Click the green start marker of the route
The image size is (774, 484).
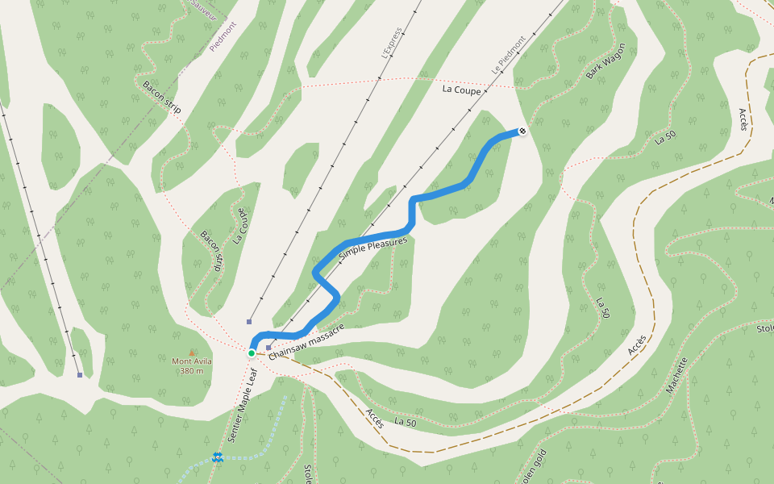pyautogui.click(x=252, y=353)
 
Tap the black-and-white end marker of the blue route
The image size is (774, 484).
pyautogui.click(x=522, y=131)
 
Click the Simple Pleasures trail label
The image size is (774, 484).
pyautogui.click(x=373, y=247)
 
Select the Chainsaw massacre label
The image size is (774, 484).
pyautogui.click(x=307, y=341)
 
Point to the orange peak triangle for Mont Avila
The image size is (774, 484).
pyautogui.click(x=192, y=352)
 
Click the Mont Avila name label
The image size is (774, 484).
pyautogui.click(x=192, y=361)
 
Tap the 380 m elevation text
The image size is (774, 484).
pyautogui.click(x=192, y=371)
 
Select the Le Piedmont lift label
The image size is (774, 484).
pyautogui.click(x=509, y=55)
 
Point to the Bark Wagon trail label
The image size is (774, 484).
pyautogui.click(x=605, y=61)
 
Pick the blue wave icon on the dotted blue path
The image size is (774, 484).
pyautogui.click(x=217, y=457)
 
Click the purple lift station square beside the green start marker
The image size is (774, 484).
pyautogui.click(x=268, y=348)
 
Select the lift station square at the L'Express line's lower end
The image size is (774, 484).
pyautogui.click(x=250, y=320)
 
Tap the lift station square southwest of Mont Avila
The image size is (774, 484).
pyautogui.click(x=79, y=374)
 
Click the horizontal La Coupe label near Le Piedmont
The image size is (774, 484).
pyautogui.click(x=461, y=90)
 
